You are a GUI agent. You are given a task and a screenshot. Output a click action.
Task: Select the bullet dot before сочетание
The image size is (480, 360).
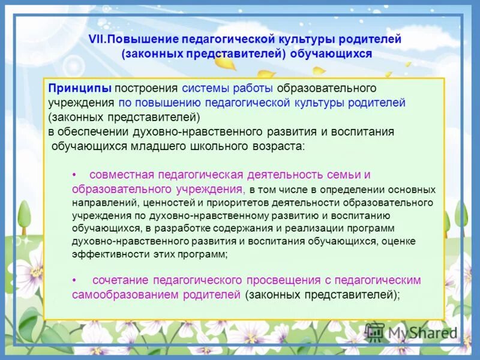tap(74, 281)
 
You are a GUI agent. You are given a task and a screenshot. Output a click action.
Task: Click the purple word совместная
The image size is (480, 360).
tap(119, 175)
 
